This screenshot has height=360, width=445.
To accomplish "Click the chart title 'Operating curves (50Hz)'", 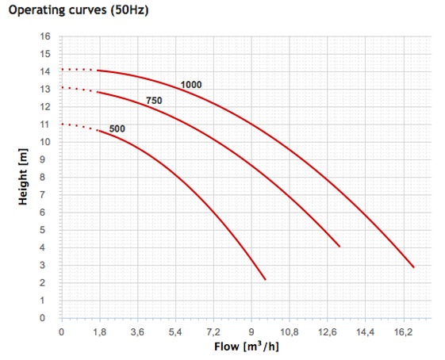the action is (x=79, y=10).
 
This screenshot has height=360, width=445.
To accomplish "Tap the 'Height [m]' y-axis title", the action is (x=23, y=177).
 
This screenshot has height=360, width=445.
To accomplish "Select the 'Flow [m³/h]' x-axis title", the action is (x=247, y=347).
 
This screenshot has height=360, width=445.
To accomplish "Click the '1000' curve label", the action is (x=191, y=85).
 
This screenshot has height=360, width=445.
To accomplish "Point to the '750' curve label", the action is (x=154, y=101).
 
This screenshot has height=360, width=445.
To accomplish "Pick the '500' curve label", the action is (x=117, y=128).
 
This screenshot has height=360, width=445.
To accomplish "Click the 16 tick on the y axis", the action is (x=45, y=36).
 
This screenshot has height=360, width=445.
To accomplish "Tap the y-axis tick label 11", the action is (x=45, y=124).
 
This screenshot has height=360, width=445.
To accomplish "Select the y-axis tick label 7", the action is (x=42, y=194).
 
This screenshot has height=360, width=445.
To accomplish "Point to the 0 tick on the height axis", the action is (x=42, y=318).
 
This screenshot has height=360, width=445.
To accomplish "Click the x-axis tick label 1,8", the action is (x=100, y=331).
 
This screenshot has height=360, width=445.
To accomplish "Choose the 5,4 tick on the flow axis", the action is (x=175, y=331).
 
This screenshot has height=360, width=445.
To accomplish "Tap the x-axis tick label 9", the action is (x=251, y=331).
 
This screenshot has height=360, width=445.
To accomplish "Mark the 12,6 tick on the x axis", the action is (x=328, y=331).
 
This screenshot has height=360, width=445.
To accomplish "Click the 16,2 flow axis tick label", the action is (x=404, y=331).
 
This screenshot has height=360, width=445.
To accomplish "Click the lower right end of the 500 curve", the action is (x=266, y=280).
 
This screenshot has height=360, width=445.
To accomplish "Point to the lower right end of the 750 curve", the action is (x=340, y=247).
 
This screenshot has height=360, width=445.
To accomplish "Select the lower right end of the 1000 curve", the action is (x=414, y=267).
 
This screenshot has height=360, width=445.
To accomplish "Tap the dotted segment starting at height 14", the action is (x=79, y=70).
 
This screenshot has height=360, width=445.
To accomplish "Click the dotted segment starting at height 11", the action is (x=79, y=127).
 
